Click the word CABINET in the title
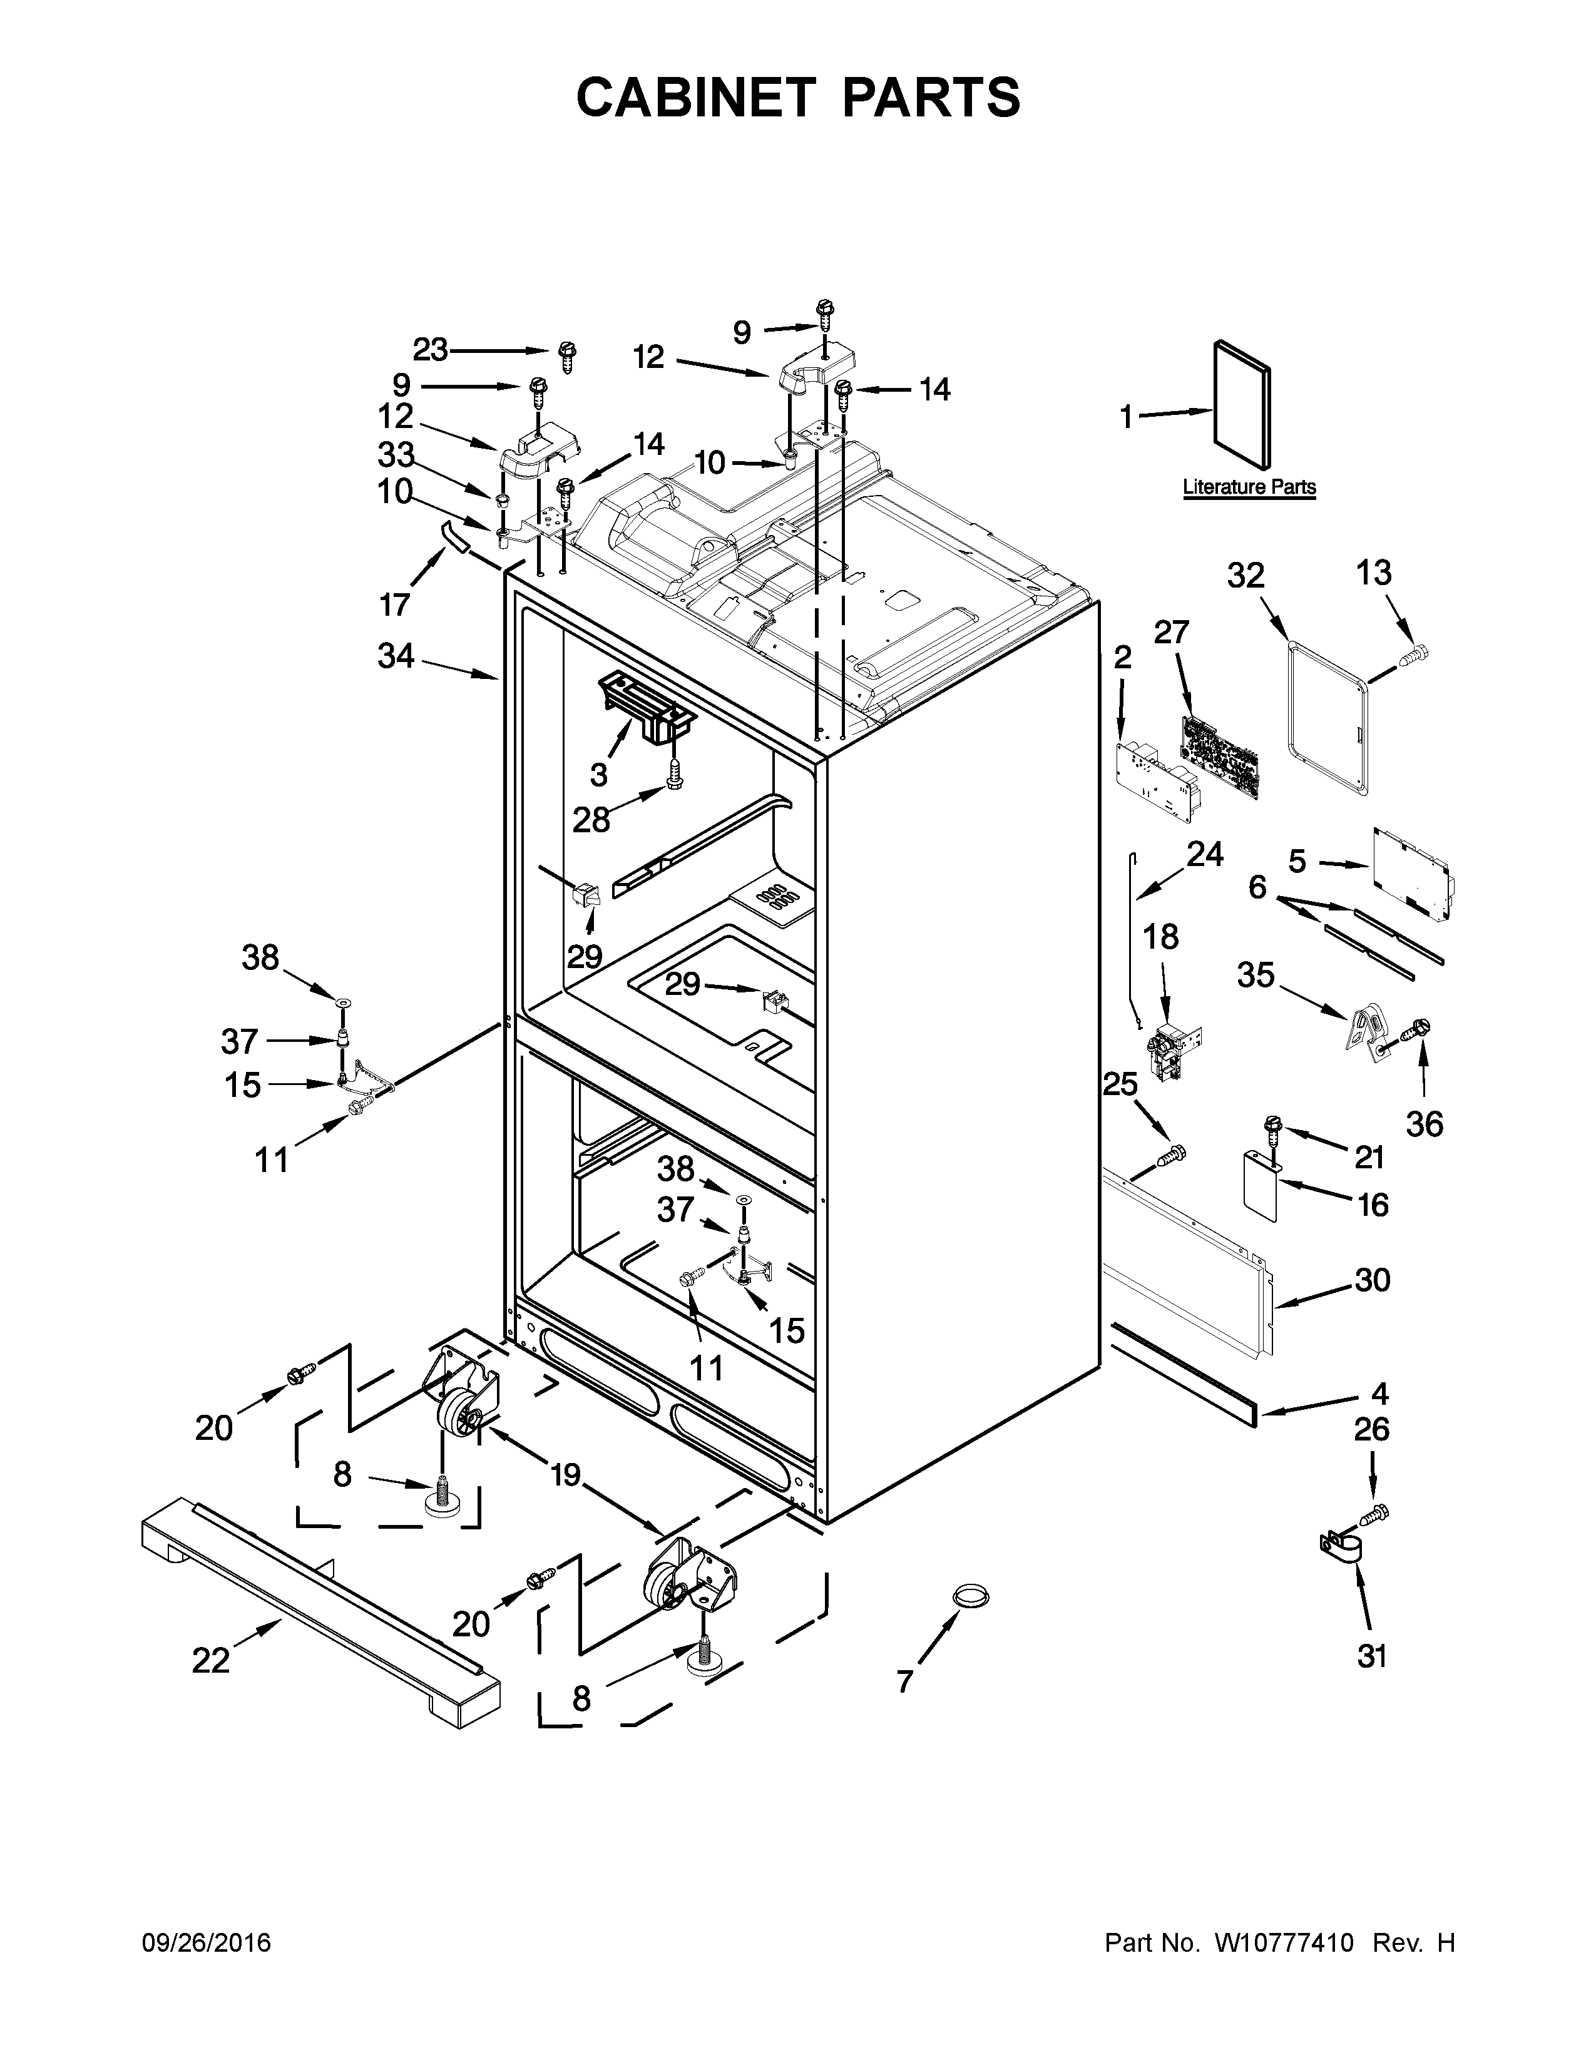[695, 98]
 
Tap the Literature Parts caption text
[1249, 487]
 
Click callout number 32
[1246, 575]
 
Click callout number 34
[396, 655]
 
